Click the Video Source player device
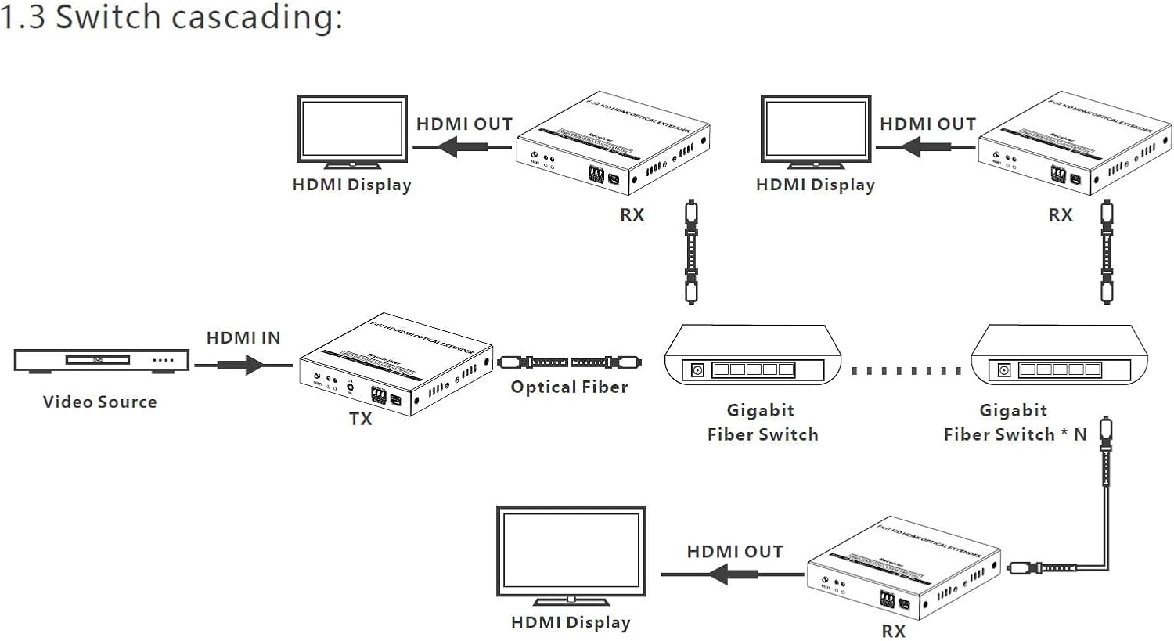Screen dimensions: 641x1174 [102, 360]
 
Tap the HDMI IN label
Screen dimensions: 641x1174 [243, 337]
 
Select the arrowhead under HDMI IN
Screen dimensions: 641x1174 [253, 365]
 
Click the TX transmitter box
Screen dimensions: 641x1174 [395, 366]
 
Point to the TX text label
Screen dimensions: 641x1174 [360, 419]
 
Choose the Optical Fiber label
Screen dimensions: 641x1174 [569, 387]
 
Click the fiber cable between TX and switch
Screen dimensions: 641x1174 [569, 362]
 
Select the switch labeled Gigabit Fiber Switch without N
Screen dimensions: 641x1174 [752, 356]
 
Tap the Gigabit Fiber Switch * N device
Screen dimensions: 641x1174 [1058, 356]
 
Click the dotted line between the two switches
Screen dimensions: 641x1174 [906, 370]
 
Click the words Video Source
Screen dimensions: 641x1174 [99, 402]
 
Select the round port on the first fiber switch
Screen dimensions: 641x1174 [697, 369]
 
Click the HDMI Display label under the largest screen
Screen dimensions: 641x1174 [570, 622]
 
